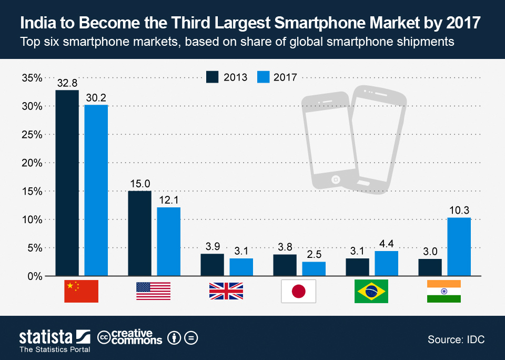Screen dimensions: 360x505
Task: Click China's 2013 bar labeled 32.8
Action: coord(67,183)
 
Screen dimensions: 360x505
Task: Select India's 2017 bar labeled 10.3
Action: coord(459,247)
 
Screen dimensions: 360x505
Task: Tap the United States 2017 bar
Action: coord(168,242)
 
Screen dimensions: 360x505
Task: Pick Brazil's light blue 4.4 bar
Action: coord(386,263)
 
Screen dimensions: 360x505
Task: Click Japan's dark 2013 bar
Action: coord(285,265)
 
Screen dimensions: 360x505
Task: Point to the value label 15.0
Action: coord(139,184)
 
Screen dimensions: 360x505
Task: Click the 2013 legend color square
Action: coord(213,77)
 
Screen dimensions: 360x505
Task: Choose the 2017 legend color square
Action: coord(264,77)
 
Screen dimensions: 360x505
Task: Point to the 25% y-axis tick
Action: coord(32,134)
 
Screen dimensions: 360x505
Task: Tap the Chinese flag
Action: coord(81,292)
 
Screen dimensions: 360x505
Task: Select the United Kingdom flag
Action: coord(226,292)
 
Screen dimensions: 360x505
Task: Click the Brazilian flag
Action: coord(371,292)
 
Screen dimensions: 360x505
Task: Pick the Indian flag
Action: coord(443,292)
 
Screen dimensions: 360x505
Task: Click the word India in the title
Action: coord(39,23)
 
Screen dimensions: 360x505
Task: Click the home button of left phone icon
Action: coord(335,180)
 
